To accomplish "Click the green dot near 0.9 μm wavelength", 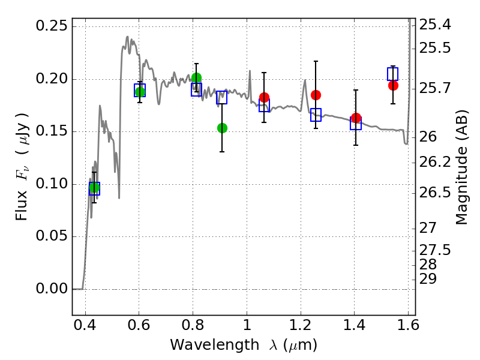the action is coord(222,128).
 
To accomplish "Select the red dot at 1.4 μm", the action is coord(356,118).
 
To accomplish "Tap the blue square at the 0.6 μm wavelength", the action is coord(140,91).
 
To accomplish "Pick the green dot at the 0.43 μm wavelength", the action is coord(94,187).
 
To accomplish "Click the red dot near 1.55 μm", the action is coord(393,85).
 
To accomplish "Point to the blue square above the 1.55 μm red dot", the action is coord(392,74).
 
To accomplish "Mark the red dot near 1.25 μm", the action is coord(316,95).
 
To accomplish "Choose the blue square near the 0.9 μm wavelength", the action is coord(221,97).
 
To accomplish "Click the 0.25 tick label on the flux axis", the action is coord(52,26).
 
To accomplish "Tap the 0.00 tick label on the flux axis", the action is coord(52,289).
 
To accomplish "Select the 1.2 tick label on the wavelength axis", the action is coord(301,325).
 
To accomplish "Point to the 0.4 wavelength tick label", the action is coord(85,325).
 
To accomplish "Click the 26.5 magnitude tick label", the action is coord(434,193).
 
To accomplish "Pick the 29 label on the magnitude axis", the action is coord(428,279).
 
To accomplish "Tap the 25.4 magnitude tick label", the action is coord(434,25).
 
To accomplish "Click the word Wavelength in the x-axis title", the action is coord(215,345).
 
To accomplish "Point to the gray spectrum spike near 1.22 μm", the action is coord(305,80).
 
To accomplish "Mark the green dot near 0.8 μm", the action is coord(197,79).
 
